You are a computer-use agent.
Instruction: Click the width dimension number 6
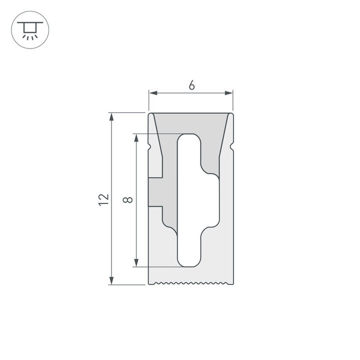[x=191, y=85]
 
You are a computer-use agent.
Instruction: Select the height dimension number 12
[x=103, y=199]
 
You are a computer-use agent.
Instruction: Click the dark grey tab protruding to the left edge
[x=155, y=192]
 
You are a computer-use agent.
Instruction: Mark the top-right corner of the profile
[x=232, y=113]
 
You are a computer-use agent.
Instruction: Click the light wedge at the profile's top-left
[x=153, y=125]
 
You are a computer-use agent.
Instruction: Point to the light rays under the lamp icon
[x=30, y=36]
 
